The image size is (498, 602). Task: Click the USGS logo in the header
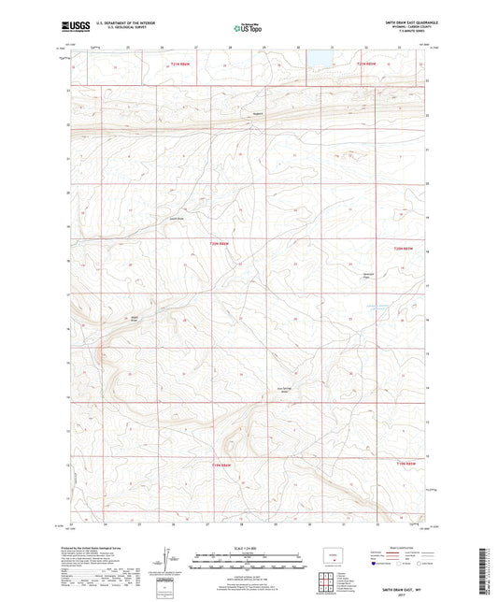point(73,26)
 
